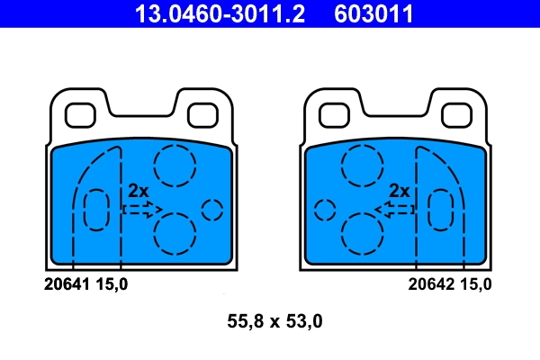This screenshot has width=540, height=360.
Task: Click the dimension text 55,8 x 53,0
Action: click(x=271, y=319)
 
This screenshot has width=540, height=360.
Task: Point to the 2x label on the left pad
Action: click(x=137, y=191)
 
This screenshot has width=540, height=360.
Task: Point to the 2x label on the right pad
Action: click(x=400, y=191)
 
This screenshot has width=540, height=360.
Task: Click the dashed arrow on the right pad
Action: click(x=397, y=209)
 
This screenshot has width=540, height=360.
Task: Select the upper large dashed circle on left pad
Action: click(x=174, y=164)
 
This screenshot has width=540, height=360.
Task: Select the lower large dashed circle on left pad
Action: click(x=174, y=232)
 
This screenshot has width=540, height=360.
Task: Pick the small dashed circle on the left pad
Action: click(x=212, y=210)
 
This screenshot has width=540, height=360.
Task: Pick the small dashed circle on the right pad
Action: click(x=325, y=210)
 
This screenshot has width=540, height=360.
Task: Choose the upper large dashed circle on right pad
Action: click(x=362, y=164)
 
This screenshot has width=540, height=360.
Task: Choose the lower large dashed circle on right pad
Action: click(x=363, y=232)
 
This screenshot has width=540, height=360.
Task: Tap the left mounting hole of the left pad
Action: click(x=82, y=114)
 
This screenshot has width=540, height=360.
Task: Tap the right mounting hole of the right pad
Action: click(x=455, y=114)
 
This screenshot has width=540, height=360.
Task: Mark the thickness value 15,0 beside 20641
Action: click(x=112, y=284)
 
